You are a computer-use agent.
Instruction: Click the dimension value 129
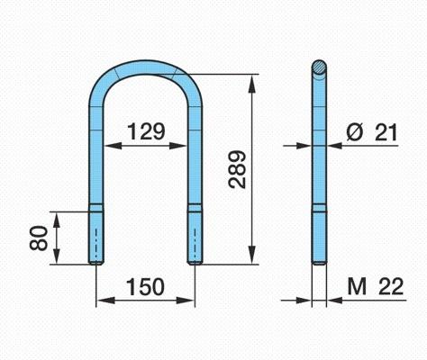146,131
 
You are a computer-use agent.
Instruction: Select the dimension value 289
237,169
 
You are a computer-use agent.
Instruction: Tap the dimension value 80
39,238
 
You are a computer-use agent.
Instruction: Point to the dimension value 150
145,287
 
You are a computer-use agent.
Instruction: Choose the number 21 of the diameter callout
386,132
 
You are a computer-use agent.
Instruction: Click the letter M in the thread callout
357,286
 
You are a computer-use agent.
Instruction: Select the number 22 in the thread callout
391,286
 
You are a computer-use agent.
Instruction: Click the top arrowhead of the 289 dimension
252,83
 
